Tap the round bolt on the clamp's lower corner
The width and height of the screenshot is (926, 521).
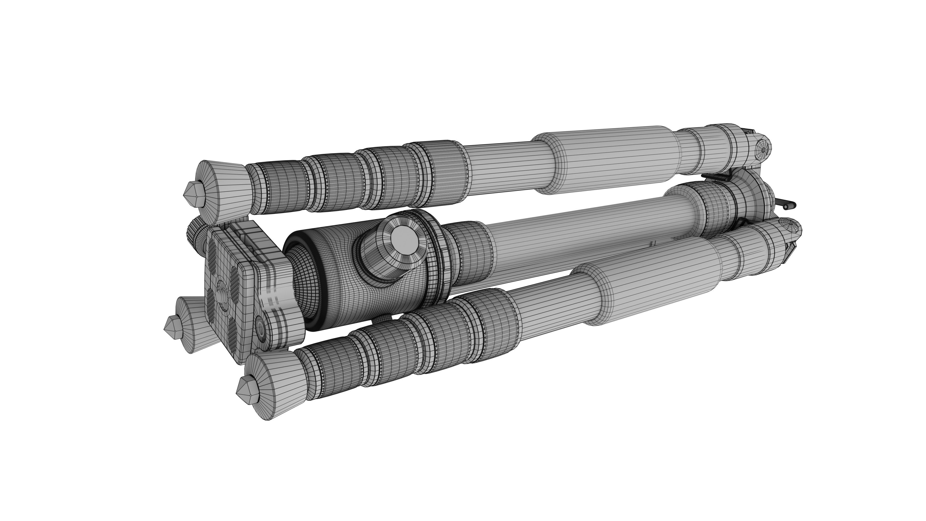260,328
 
